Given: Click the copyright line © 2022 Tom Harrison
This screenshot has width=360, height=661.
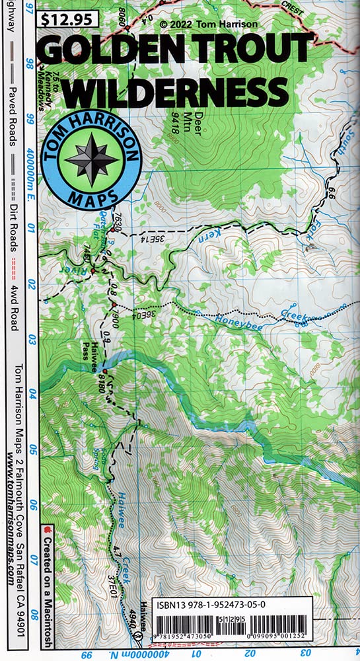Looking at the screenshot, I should click(x=207, y=24).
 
